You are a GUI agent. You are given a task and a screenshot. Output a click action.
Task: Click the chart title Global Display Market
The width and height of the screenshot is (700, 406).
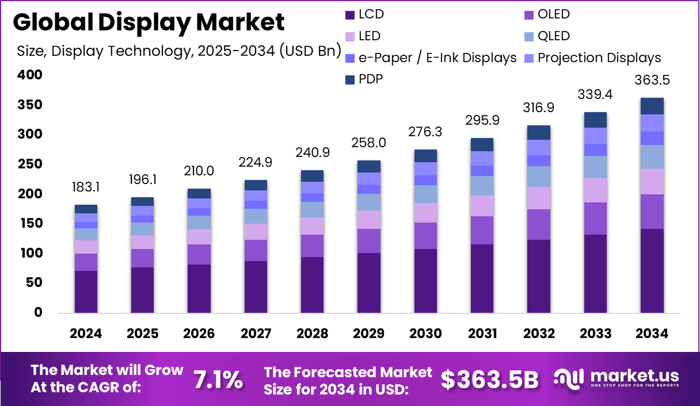pyautogui.click(x=149, y=22)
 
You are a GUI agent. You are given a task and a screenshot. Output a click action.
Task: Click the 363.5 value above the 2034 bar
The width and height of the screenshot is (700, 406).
pyautogui.click(x=652, y=80)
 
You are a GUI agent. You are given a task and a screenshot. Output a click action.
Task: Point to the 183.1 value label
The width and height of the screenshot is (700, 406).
pyautogui.click(x=86, y=187)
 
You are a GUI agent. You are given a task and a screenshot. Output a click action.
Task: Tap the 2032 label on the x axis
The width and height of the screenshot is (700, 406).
pyautogui.click(x=539, y=334)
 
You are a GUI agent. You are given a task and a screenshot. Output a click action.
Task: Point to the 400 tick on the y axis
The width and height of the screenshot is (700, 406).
pyautogui.click(x=30, y=75)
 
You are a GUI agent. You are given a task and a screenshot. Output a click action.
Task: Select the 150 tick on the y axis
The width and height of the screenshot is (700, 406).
pyautogui.click(x=30, y=223)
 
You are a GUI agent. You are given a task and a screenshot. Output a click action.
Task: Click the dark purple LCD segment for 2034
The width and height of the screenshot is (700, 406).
pyautogui.click(x=652, y=270)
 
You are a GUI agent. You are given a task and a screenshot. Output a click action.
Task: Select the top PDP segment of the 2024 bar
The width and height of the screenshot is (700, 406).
pyautogui.click(x=86, y=209)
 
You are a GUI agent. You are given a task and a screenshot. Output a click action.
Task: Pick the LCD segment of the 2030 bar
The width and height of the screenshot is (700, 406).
pyautogui.click(x=426, y=281)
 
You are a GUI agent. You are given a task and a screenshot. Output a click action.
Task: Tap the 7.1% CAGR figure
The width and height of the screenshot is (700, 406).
pyautogui.click(x=218, y=380)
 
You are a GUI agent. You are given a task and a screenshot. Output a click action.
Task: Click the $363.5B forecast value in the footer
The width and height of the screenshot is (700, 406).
pyautogui.click(x=489, y=380)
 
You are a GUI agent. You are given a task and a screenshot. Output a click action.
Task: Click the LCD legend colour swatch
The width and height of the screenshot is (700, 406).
pyautogui.click(x=349, y=14)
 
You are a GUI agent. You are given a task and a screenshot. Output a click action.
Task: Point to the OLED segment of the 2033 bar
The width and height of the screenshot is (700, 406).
pyautogui.click(x=595, y=219)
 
